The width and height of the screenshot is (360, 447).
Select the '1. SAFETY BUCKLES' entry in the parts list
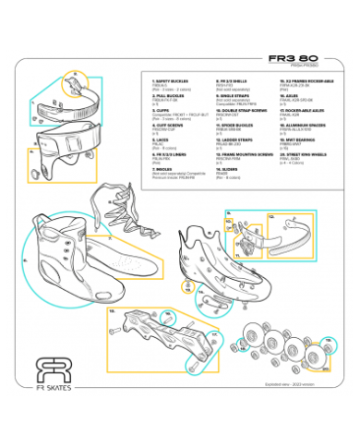pyautogui.click(x=171, y=82)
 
